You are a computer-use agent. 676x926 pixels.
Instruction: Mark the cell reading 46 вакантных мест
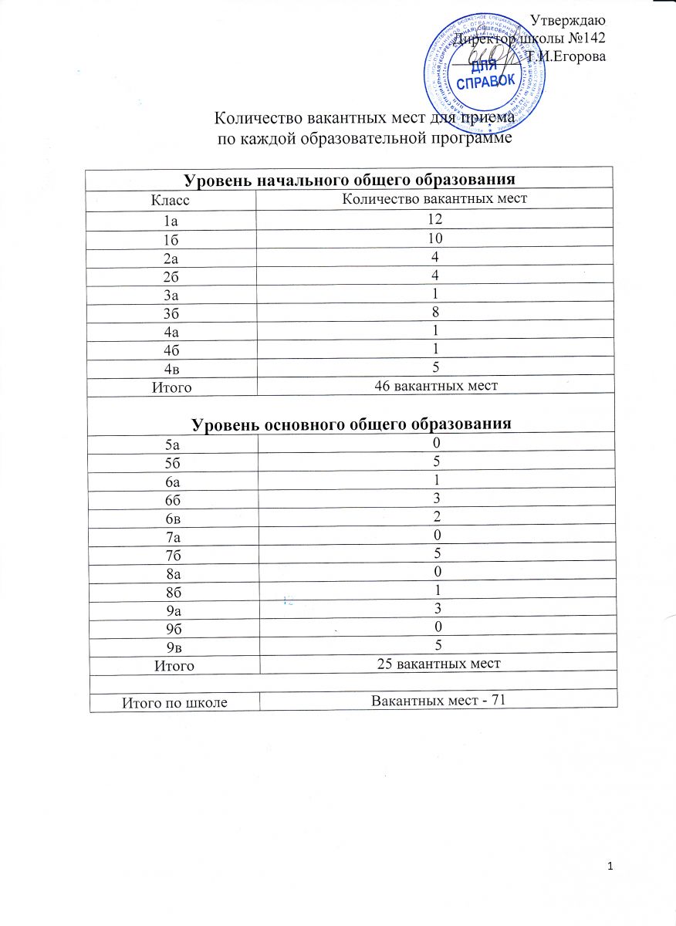[436, 386]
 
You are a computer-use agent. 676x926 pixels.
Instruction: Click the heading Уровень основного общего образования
[351, 424]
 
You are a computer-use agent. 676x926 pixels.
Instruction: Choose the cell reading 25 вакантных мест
[438, 663]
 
